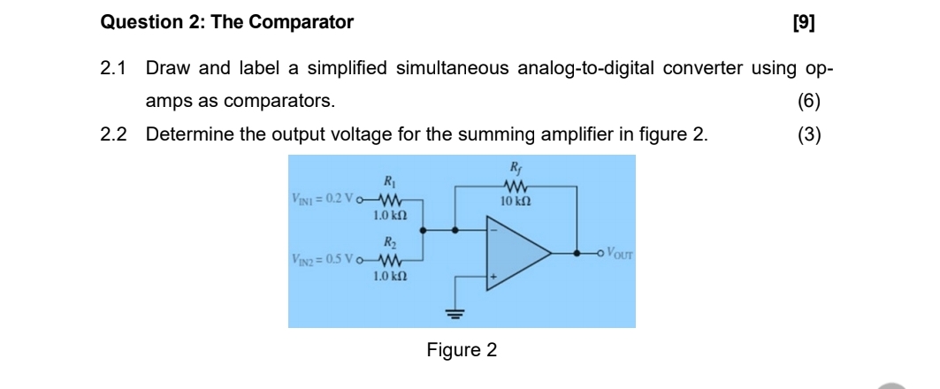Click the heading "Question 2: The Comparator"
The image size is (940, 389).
click(x=227, y=23)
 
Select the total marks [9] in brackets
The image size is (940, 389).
click(x=805, y=23)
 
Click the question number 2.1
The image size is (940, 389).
click(x=113, y=69)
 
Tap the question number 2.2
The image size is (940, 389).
click(x=113, y=134)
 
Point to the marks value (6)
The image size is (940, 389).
click(x=808, y=101)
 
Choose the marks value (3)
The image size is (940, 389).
click(x=808, y=134)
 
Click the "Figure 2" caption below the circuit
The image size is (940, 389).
click(x=462, y=350)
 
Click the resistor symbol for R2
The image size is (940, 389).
click(x=390, y=260)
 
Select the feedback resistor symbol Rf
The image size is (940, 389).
click(x=515, y=186)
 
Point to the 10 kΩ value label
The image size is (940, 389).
click(x=515, y=202)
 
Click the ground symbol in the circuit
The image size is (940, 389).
click(x=455, y=311)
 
